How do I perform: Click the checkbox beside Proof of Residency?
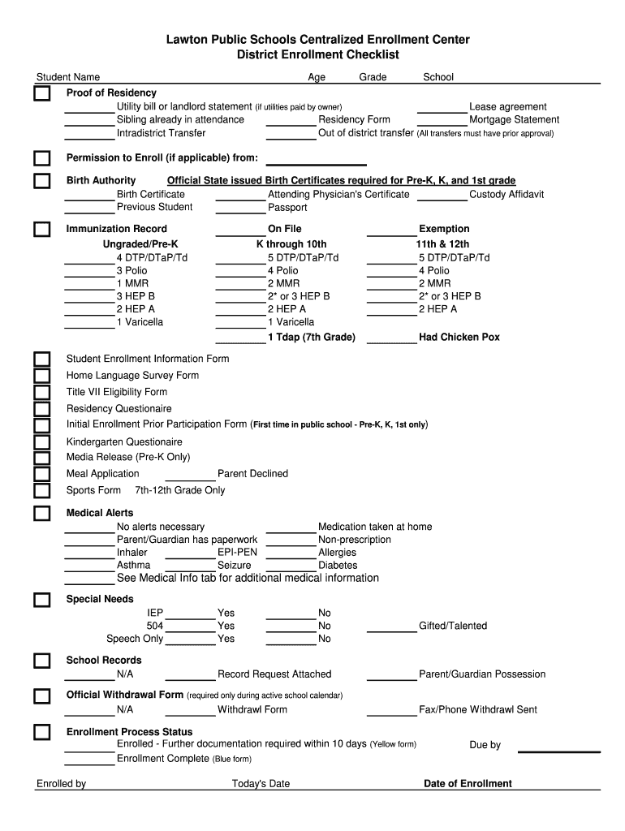pos(41,94)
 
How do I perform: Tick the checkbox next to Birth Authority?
pos(41,181)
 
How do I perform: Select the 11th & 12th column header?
pos(442,243)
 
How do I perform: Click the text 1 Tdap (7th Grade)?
pos(312,337)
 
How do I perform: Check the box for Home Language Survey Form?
pos(41,376)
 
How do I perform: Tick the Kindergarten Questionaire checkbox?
pos(41,442)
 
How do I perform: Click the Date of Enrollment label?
pos(468,783)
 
